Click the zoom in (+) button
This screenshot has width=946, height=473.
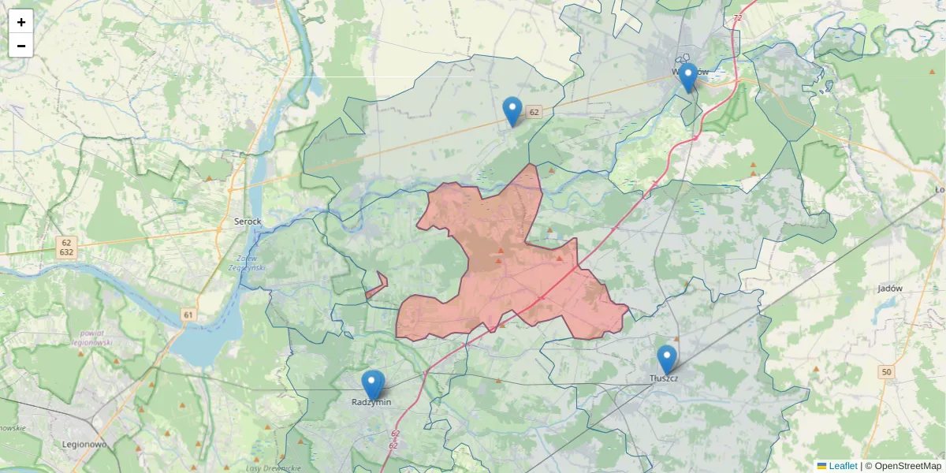pyautogui.click(x=21, y=22)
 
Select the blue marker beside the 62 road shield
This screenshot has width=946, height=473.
pyautogui.click(x=512, y=111)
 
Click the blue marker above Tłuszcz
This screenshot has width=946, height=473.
pyautogui.click(x=667, y=359)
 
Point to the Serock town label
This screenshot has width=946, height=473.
pyautogui.click(x=248, y=222)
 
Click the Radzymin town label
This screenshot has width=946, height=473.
pyautogui.click(x=371, y=402)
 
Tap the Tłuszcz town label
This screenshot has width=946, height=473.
pyautogui.click(x=664, y=378)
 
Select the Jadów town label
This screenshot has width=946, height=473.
pyautogui.click(x=889, y=289)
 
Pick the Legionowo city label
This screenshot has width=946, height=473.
pyautogui.click(x=84, y=444)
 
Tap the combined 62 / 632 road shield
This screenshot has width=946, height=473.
pyautogui.click(x=66, y=248)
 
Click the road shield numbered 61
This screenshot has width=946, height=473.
pyautogui.click(x=188, y=315)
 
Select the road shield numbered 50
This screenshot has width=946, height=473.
pyautogui.click(x=888, y=372)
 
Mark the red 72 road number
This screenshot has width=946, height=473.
pyautogui.click(x=737, y=17)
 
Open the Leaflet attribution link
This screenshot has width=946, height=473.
pyautogui.click(x=842, y=466)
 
